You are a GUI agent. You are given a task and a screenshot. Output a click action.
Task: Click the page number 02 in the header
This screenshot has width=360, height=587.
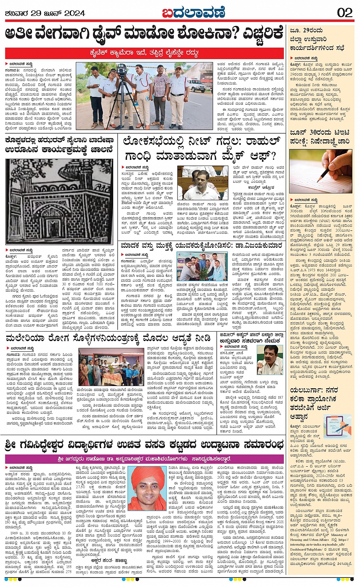(x=345, y=13)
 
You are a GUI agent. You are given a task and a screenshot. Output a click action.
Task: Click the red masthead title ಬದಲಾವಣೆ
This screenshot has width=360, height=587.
(x=193, y=13)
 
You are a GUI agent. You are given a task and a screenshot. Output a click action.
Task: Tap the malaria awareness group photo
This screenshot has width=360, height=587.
(x=109, y=367)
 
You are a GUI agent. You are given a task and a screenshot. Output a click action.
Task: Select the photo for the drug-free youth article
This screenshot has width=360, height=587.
(x=202, y=266)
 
